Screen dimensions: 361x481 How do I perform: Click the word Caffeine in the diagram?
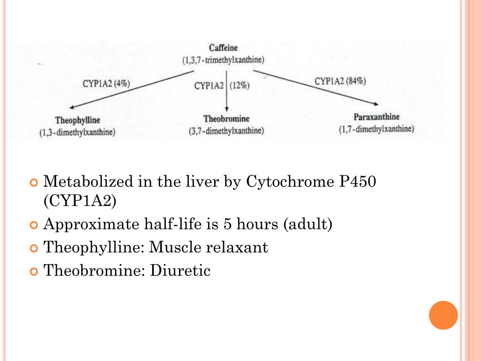pyautogui.click(x=224, y=48)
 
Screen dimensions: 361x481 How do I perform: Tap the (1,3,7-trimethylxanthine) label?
pyautogui.click(x=224, y=60)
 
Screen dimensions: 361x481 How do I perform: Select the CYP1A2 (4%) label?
pyautogui.click(x=106, y=84)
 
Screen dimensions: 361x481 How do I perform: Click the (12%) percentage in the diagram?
pyautogui.click(x=239, y=86)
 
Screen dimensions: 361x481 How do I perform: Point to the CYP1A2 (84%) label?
pyautogui.click(x=341, y=81)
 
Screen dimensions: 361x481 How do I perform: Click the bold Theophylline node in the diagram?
pyautogui.click(x=78, y=120)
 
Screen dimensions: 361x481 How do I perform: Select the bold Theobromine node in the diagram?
pyautogui.click(x=226, y=119)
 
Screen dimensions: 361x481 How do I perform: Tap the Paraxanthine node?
pyautogui.click(x=376, y=117)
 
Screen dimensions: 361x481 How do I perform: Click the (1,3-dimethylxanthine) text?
pyautogui.click(x=78, y=133)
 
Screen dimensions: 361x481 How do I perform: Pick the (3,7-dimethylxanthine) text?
pyautogui.click(x=226, y=131)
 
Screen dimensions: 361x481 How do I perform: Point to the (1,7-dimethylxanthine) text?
pyautogui.click(x=376, y=129)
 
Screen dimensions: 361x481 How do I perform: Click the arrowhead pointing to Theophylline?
pyautogui.click(x=71, y=108)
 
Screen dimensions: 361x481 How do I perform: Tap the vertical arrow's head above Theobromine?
pyautogui.click(x=226, y=109)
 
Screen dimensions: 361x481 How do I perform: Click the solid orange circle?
pyautogui.click(x=443, y=315)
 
